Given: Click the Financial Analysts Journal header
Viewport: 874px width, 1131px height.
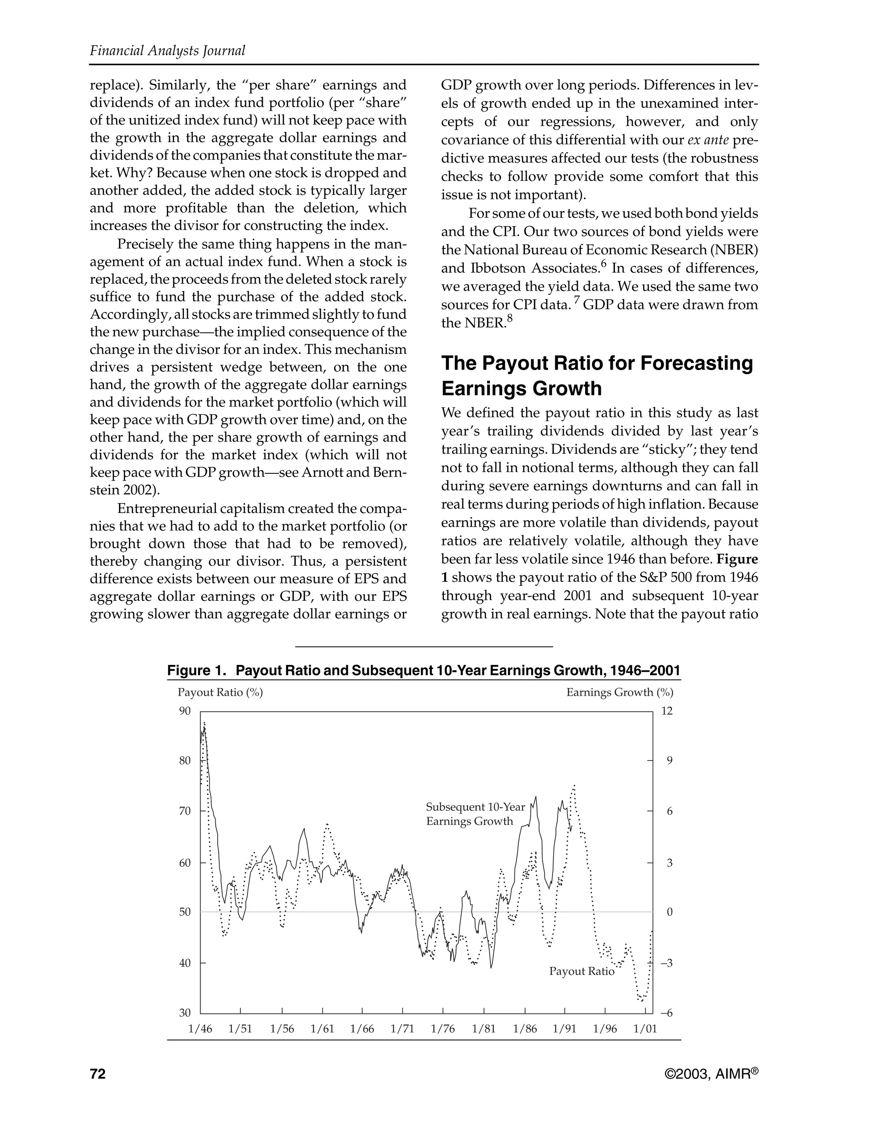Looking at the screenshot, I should [x=167, y=50].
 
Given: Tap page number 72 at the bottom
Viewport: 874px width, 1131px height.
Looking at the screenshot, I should [x=97, y=1074].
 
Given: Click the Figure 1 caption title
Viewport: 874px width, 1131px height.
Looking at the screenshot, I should [x=423, y=670].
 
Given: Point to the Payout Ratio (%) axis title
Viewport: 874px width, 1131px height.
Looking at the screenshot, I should [x=220, y=692].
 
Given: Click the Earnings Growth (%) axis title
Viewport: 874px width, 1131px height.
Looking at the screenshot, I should [x=620, y=692].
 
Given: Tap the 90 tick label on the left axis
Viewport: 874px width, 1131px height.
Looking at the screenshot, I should [x=185, y=711].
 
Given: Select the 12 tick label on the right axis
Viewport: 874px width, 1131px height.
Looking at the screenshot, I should [x=667, y=711].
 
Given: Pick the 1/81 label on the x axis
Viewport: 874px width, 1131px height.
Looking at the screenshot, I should [x=484, y=1029].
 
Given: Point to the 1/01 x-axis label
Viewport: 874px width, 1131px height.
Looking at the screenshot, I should [x=645, y=1029].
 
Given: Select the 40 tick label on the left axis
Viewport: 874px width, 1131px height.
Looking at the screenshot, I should [x=185, y=963].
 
